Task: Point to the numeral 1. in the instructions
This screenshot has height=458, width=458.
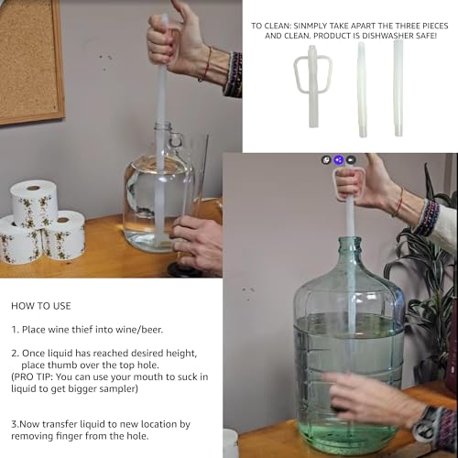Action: (14, 328)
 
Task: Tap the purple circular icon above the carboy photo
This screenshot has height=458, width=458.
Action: (338, 159)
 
